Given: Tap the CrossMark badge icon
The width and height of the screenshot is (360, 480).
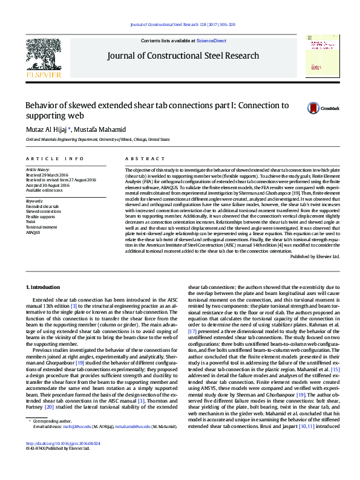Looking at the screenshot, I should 314,108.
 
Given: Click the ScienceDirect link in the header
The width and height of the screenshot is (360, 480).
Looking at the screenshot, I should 211,41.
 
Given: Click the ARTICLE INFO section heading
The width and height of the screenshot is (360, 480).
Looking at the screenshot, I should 54,158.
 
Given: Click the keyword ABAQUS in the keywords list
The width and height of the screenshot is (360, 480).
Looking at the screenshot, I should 33,232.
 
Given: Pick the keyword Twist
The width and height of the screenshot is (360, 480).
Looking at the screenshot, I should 30,221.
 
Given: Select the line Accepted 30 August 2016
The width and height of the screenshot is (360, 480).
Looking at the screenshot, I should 47,185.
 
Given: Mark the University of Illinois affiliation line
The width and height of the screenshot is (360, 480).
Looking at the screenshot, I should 97,139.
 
